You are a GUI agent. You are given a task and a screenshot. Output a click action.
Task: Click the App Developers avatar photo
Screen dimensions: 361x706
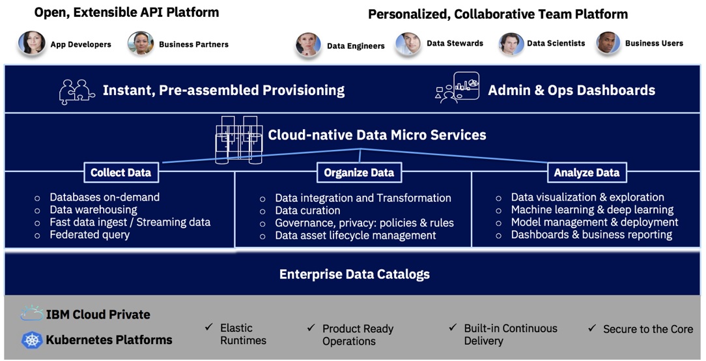(32, 44)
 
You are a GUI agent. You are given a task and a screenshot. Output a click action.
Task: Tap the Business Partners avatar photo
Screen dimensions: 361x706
(141, 44)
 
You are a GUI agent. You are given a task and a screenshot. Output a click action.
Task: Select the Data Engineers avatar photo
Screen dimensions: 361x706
(308, 45)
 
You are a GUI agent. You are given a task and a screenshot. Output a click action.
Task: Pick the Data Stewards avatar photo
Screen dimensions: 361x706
(408, 44)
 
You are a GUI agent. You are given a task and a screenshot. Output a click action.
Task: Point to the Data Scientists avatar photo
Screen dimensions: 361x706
(511, 44)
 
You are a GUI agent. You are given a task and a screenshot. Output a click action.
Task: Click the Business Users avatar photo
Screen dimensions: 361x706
(608, 44)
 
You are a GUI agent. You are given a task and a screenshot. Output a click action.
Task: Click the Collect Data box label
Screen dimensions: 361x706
(120, 173)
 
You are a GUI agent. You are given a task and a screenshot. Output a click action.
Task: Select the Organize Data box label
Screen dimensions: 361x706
(359, 173)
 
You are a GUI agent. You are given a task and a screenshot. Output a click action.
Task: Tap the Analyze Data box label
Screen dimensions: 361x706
(587, 173)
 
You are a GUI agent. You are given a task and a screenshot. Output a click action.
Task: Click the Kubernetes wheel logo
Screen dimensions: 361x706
(32, 339)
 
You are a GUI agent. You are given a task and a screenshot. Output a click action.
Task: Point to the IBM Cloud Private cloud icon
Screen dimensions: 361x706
(32, 314)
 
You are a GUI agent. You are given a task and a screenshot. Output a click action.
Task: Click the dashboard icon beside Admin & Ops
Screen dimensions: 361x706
(457, 88)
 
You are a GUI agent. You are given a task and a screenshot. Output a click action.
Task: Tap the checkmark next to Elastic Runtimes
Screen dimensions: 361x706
(208, 326)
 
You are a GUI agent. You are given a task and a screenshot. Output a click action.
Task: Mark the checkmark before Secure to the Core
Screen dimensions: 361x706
(592, 328)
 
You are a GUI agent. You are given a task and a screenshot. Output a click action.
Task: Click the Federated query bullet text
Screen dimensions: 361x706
(89, 235)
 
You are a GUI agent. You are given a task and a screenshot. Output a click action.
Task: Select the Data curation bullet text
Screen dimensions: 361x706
(307, 210)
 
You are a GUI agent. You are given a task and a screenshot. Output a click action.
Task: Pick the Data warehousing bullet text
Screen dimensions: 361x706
(93, 210)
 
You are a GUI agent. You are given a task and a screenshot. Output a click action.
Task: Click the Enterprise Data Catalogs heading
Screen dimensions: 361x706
(354, 274)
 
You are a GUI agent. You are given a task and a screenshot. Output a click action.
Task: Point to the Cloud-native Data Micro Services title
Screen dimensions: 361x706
(377, 136)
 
